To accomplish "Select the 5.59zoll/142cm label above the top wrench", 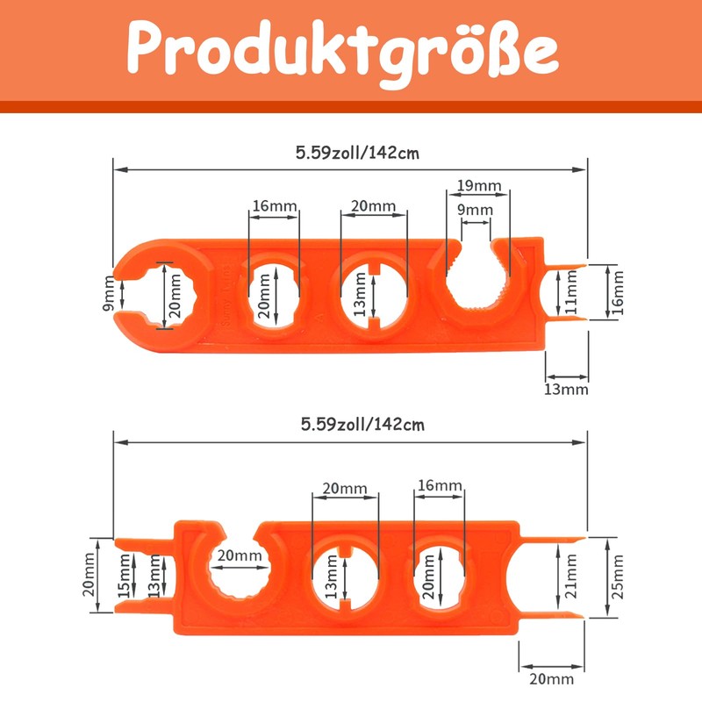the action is (x=357, y=153).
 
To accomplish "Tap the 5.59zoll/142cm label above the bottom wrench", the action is (x=362, y=425).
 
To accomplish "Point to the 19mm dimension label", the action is (x=479, y=185).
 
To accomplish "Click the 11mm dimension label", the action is (x=572, y=292).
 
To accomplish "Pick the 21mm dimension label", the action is (x=571, y=577).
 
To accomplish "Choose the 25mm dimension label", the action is (x=618, y=577).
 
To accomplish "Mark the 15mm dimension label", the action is (x=124, y=576).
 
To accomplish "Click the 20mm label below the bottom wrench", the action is (x=551, y=679).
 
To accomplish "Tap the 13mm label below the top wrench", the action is (x=566, y=389).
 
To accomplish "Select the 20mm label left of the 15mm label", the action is (x=90, y=575).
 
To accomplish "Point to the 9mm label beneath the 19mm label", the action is (x=475, y=210).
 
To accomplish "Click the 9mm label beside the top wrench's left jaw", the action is (x=109, y=294).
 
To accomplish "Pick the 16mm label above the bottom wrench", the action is (x=440, y=485).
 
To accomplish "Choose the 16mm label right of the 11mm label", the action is (x=618, y=293).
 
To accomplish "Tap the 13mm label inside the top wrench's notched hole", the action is (x=360, y=294).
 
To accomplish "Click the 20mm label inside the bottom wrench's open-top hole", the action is (x=240, y=555).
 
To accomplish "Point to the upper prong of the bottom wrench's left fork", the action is (x=144, y=543).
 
